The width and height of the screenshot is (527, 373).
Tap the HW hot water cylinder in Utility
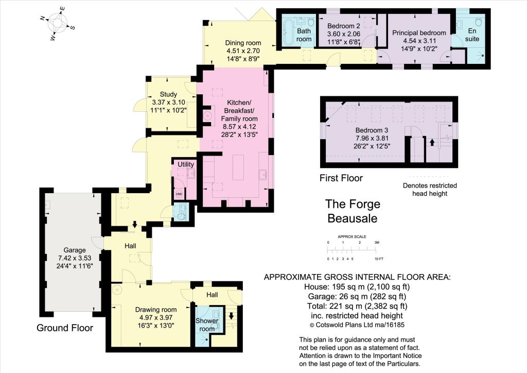tap(179, 194)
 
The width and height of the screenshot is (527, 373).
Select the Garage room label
tap(75, 250)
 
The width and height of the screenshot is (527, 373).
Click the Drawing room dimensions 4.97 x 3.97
tap(155, 317)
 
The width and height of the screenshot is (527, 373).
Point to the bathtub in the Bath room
tap(288, 31)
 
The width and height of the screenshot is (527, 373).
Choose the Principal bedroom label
tap(419, 32)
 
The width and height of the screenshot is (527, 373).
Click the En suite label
tap(472, 35)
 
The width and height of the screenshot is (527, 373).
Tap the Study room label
tap(168, 94)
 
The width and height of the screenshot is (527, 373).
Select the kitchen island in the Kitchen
tap(238, 167)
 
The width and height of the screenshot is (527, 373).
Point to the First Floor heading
tap(341, 178)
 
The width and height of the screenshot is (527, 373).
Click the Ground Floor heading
tap(65, 328)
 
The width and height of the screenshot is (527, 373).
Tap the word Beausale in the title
tap(352, 218)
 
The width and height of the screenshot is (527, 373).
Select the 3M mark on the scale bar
tap(376, 243)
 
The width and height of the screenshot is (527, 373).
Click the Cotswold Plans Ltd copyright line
tap(357, 325)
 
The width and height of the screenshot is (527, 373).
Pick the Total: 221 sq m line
tap(357, 306)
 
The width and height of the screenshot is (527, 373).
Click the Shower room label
tap(207, 325)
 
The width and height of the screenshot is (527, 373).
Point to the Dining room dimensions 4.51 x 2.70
tap(243, 51)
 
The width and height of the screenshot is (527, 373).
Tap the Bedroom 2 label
tap(343, 26)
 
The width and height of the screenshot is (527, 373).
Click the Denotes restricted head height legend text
tap(430, 190)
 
